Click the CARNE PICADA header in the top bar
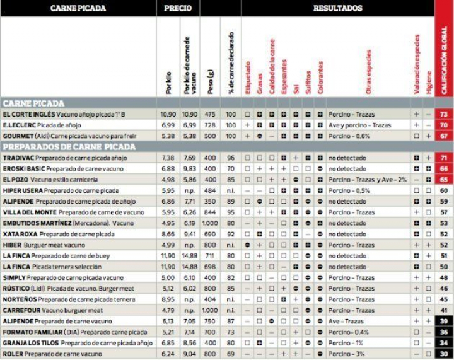78,8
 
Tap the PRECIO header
178,8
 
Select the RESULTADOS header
337,8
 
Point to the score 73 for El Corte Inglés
444,114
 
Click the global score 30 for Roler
444,354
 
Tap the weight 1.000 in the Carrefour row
210,310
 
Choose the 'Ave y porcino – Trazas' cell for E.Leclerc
359,125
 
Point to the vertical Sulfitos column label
308,81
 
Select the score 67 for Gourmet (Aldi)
444,136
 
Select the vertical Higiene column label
429,83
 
